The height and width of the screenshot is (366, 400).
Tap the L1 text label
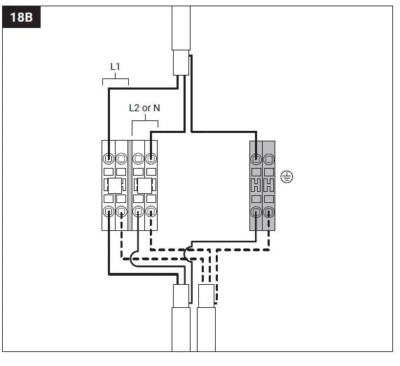116,66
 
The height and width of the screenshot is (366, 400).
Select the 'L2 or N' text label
144,108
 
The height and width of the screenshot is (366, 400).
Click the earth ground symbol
285,176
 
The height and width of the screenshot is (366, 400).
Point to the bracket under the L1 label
116,80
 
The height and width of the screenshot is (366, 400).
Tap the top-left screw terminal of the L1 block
109,157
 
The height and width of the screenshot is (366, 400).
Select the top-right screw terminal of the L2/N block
151,157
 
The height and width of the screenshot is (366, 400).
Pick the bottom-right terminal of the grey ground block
268,212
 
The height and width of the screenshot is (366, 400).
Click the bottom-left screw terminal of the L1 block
109,212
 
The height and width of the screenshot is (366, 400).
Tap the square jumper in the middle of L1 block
114,185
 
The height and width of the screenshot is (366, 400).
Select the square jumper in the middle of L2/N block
144,185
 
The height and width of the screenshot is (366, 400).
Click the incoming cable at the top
181,35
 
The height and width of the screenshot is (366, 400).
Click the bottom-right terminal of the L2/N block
151,212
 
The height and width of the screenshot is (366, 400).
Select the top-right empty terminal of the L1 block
121,157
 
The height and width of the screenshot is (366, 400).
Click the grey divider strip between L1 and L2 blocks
130,185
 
